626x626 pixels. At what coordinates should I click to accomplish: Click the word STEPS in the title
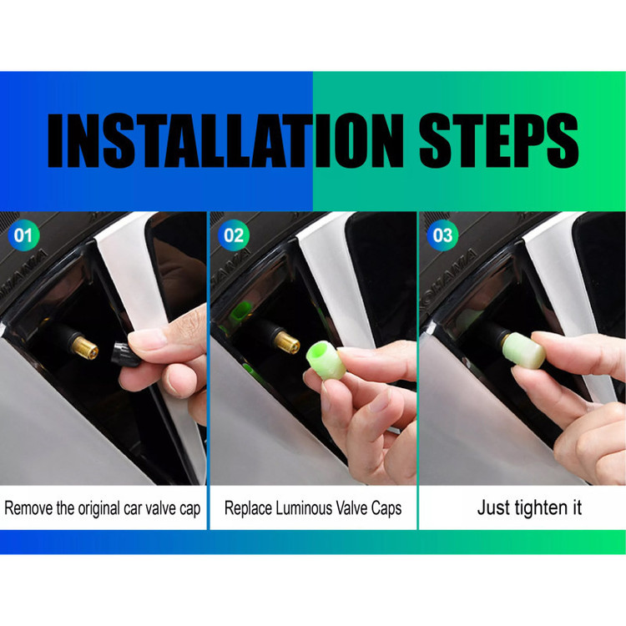[x=498, y=140]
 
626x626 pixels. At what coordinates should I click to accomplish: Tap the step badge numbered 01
[x=23, y=235]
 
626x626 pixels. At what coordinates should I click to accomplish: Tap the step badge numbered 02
[x=234, y=235]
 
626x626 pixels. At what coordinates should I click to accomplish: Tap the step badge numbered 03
[x=442, y=235]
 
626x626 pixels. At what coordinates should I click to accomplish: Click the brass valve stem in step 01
[x=84, y=348]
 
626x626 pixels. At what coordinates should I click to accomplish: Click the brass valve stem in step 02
[x=286, y=342]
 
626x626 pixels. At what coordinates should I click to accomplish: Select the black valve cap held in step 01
[x=124, y=354]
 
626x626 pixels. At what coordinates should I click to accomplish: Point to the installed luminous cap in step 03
[x=524, y=350]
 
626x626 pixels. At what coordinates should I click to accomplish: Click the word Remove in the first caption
[x=28, y=508]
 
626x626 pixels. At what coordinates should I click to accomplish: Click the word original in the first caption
[x=98, y=509]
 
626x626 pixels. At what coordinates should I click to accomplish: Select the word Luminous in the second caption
[x=304, y=508]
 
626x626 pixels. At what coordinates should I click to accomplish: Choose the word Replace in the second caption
[x=248, y=509]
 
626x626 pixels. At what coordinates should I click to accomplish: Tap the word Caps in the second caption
[x=386, y=509]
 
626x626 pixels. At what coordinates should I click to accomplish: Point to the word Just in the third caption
[x=493, y=507]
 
